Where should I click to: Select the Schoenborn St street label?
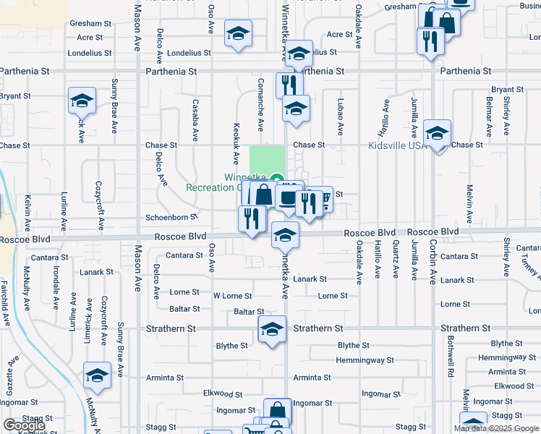[171, 217]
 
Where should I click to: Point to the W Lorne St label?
[232, 296]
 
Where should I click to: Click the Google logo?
[25, 425]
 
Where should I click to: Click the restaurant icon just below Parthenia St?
[286, 84]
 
